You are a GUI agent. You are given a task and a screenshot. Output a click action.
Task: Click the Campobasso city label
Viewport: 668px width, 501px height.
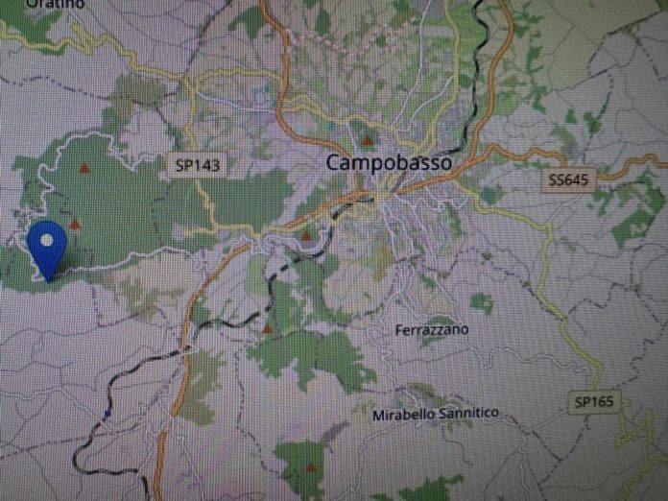coord(389,163)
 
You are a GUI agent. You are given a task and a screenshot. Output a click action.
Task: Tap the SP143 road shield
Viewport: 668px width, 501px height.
coord(199,165)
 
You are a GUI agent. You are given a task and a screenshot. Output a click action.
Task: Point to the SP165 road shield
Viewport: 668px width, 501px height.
coord(597,400)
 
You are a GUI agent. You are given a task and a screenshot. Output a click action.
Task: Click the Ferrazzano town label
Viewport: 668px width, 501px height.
coord(432,329)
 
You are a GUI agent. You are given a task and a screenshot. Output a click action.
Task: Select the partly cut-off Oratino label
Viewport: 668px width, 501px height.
coord(55,4)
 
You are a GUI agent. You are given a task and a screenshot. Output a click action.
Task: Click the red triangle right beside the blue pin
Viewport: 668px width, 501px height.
coord(74,224)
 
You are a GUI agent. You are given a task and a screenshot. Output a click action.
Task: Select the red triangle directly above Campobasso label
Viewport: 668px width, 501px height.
coord(367,140)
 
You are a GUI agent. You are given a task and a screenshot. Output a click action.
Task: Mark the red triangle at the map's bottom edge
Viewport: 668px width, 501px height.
coord(310,467)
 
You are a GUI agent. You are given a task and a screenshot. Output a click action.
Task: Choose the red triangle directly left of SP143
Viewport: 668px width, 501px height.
coord(85,168)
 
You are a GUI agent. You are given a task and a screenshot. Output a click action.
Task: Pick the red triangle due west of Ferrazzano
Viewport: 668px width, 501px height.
coord(267,329)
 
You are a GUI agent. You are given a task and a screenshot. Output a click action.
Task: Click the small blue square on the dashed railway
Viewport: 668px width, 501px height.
coord(104,416)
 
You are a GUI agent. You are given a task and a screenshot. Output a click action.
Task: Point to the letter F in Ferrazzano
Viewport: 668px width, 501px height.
coord(399,329)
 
